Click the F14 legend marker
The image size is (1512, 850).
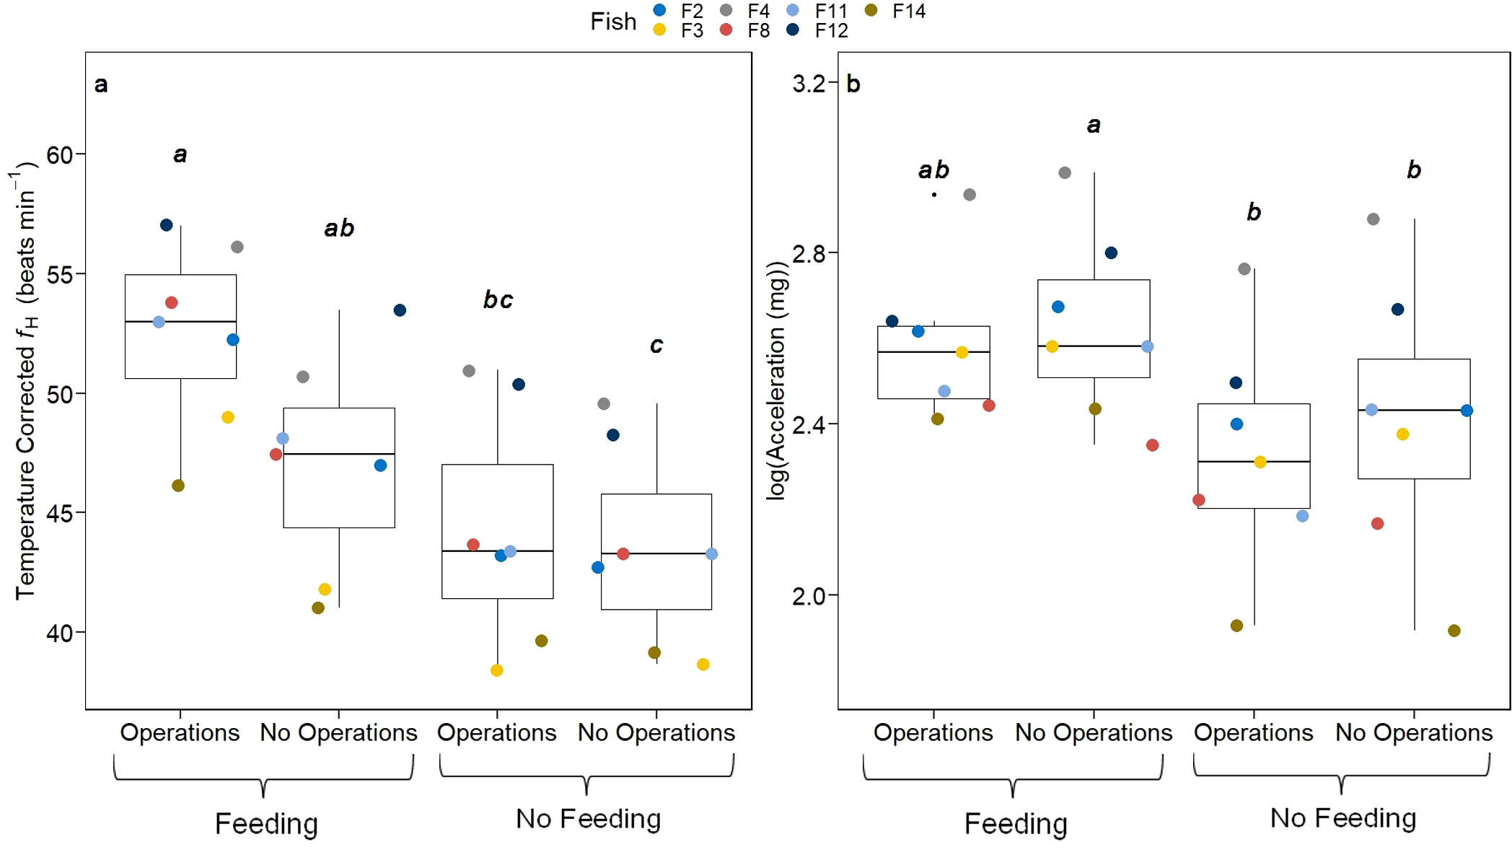[x=871, y=10]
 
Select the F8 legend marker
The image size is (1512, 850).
[x=726, y=30]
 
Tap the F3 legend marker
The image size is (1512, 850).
[x=659, y=30]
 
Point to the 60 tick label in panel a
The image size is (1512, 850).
[x=60, y=154]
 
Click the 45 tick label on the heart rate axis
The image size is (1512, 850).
[x=60, y=514]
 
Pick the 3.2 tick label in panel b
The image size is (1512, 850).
[x=809, y=84]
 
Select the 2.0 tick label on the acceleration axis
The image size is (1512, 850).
[x=809, y=596]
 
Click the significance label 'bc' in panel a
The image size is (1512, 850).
[x=498, y=299]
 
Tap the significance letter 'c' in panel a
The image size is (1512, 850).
[x=656, y=346]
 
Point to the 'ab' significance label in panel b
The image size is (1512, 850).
[x=933, y=170]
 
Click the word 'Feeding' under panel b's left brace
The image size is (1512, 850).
[x=1015, y=823]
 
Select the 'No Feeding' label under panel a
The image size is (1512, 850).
[x=588, y=818]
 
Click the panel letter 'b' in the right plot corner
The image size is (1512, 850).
[x=853, y=84]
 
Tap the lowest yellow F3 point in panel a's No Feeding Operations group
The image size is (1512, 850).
[x=496, y=670]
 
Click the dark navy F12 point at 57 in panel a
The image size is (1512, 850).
[x=166, y=225]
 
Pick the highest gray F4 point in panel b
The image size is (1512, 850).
[x=1065, y=172]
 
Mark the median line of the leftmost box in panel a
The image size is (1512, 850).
[x=180, y=321]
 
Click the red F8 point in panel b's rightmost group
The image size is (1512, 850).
[x=1377, y=524]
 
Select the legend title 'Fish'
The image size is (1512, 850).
[x=613, y=22]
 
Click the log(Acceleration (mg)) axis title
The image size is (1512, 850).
[x=776, y=380]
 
